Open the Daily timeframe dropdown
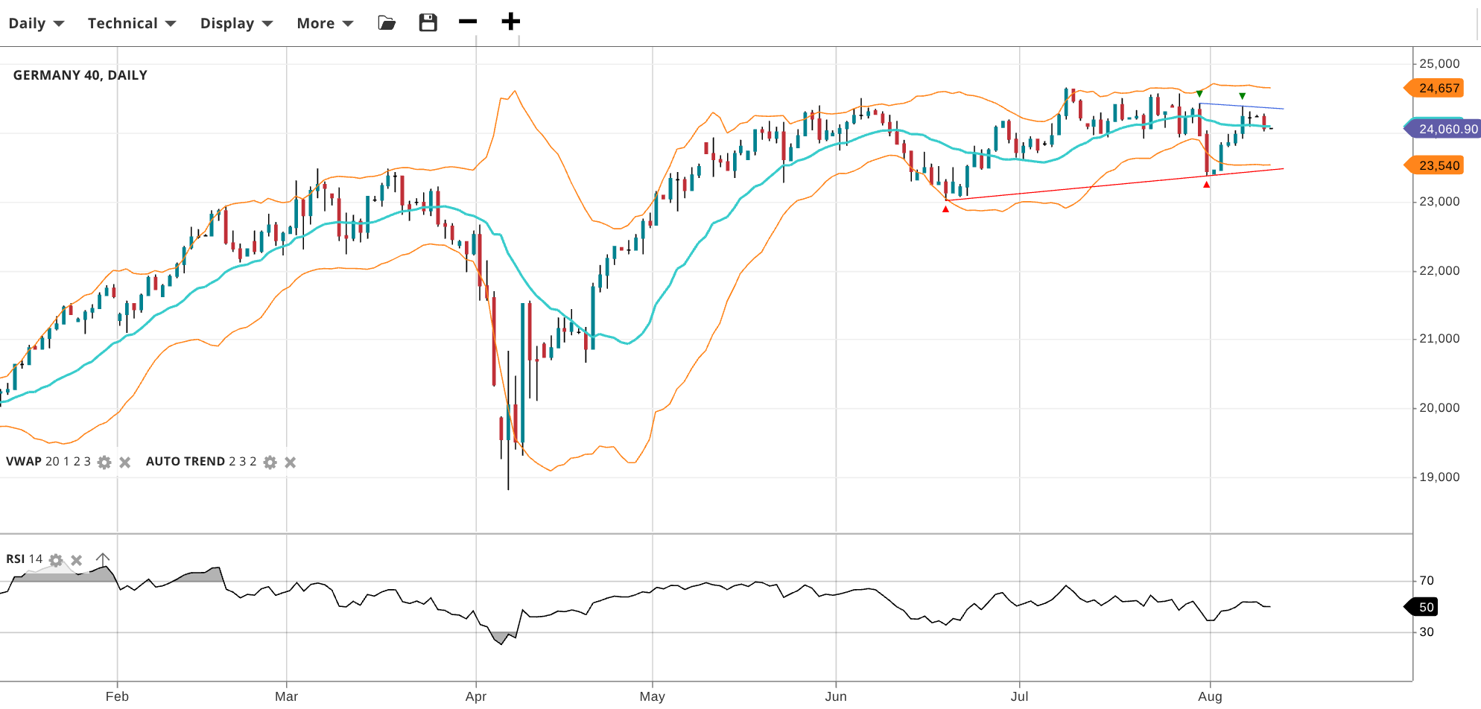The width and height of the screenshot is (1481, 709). pos(36,23)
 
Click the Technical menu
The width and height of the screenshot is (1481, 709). pos(131,23)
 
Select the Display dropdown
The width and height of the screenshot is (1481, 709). pos(235,23)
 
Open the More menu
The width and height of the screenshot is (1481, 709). pos(324,23)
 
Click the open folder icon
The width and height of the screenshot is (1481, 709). pos(387,22)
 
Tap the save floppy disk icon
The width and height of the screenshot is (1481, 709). pos(428,22)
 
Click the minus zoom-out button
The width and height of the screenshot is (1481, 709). pos(468,22)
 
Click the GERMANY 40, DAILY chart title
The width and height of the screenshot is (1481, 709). pos(80,75)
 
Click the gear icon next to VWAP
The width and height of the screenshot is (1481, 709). pos(104,462)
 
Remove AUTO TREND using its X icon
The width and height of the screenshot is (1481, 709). pos(291,462)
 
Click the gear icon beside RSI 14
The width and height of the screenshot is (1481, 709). pos(56,560)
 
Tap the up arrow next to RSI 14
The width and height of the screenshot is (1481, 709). pos(103,559)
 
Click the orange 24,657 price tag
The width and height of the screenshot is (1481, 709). pos(1437,89)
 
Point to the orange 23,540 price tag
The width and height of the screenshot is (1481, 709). pos(1437,165)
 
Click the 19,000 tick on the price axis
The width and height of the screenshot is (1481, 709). pos(1439,477)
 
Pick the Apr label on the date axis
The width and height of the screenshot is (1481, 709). pos(475,696)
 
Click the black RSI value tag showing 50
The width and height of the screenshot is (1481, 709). pos(1424,607)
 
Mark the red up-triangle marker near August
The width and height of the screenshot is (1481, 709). pos(1207,185)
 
